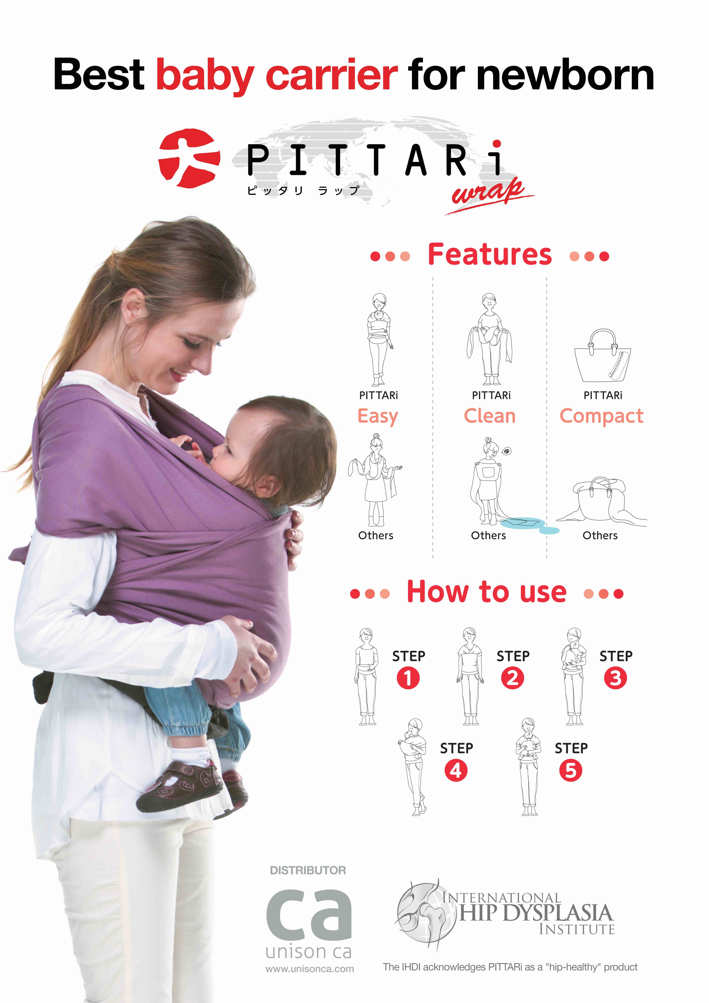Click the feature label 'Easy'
[x=378, y=416]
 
